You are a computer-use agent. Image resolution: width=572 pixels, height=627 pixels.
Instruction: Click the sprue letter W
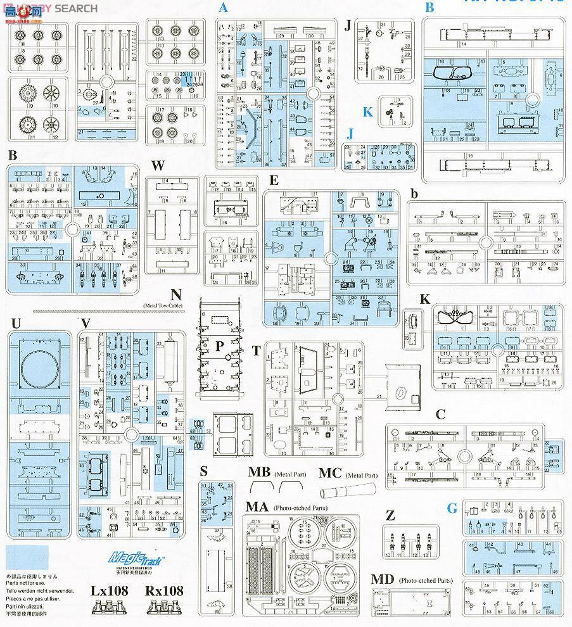click(158, 167)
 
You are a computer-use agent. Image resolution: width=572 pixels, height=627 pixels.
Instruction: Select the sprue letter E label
click(274, 180)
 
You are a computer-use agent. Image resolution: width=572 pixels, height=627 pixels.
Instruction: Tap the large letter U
click(16, 324)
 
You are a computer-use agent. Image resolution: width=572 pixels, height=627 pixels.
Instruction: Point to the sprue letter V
click(86, 324)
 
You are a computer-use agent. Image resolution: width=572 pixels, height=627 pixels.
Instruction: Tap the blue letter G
click(451, 508)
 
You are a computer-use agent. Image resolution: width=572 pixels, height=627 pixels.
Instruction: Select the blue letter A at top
click(223, 8)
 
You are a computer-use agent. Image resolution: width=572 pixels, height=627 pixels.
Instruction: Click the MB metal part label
click(259, 472)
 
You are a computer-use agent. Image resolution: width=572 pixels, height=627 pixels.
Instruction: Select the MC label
click(330, 472)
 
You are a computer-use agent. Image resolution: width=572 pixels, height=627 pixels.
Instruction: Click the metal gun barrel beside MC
click(348, 491)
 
